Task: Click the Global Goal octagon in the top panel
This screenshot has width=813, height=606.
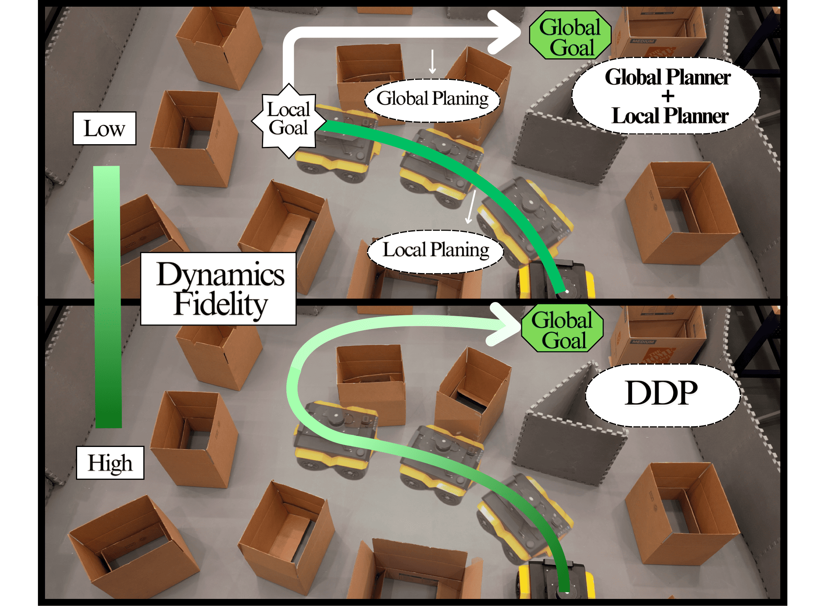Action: pyautogui.click(x=570, y=35)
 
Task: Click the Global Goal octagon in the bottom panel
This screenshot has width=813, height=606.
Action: pyautogui.click(x=562, y=328)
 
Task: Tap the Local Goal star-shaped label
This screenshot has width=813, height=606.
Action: pyautogui.click(x=289, y=120)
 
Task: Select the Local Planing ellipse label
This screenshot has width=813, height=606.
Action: pyautogui.click(x=435, y=251)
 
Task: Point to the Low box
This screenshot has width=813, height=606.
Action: pyautogui.click(x=105, y=128)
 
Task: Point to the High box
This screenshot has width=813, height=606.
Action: pyautogui.click(x=110, y=463)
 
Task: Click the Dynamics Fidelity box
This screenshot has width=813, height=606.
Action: pyautogui.click(x=219, y=289)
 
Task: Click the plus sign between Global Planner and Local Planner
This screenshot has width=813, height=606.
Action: pyautogui.click(x=668, y=96)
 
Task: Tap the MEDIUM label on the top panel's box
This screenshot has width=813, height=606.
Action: pyautogui.click(x=643, y=41)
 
